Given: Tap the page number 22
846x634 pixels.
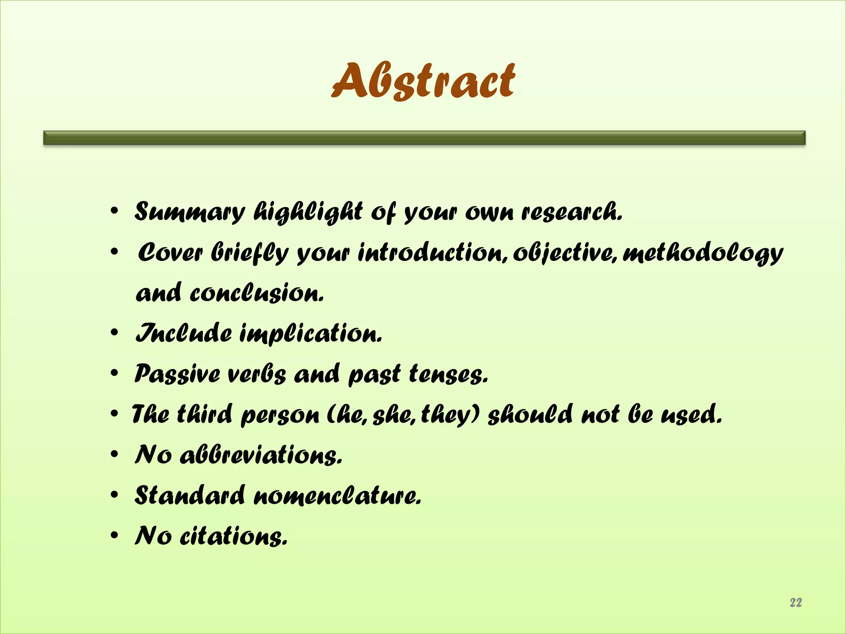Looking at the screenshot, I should coord(796,602).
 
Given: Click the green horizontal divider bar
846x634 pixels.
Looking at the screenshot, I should coord(424,137).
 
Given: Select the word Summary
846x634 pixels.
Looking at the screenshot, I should coord(190,212).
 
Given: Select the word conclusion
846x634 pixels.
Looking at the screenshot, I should coord(257,293).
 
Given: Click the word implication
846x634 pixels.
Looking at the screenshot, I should coord(311,334).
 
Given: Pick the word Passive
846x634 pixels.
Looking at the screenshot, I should coord(177,374).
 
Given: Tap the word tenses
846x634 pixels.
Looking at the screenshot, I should coord(449,374).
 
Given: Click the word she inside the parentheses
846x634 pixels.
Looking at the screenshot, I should coord(394,414).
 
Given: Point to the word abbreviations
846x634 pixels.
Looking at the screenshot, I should coord(261,455).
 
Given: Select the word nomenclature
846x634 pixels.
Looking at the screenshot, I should coord(337,495).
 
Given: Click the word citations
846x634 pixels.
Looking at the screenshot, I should coord(233,536).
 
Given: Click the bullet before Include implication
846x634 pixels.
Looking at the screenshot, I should coord(114,333).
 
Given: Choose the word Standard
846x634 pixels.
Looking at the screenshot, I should coord(190,495).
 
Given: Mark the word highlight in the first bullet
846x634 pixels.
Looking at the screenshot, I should coord(308,212).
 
